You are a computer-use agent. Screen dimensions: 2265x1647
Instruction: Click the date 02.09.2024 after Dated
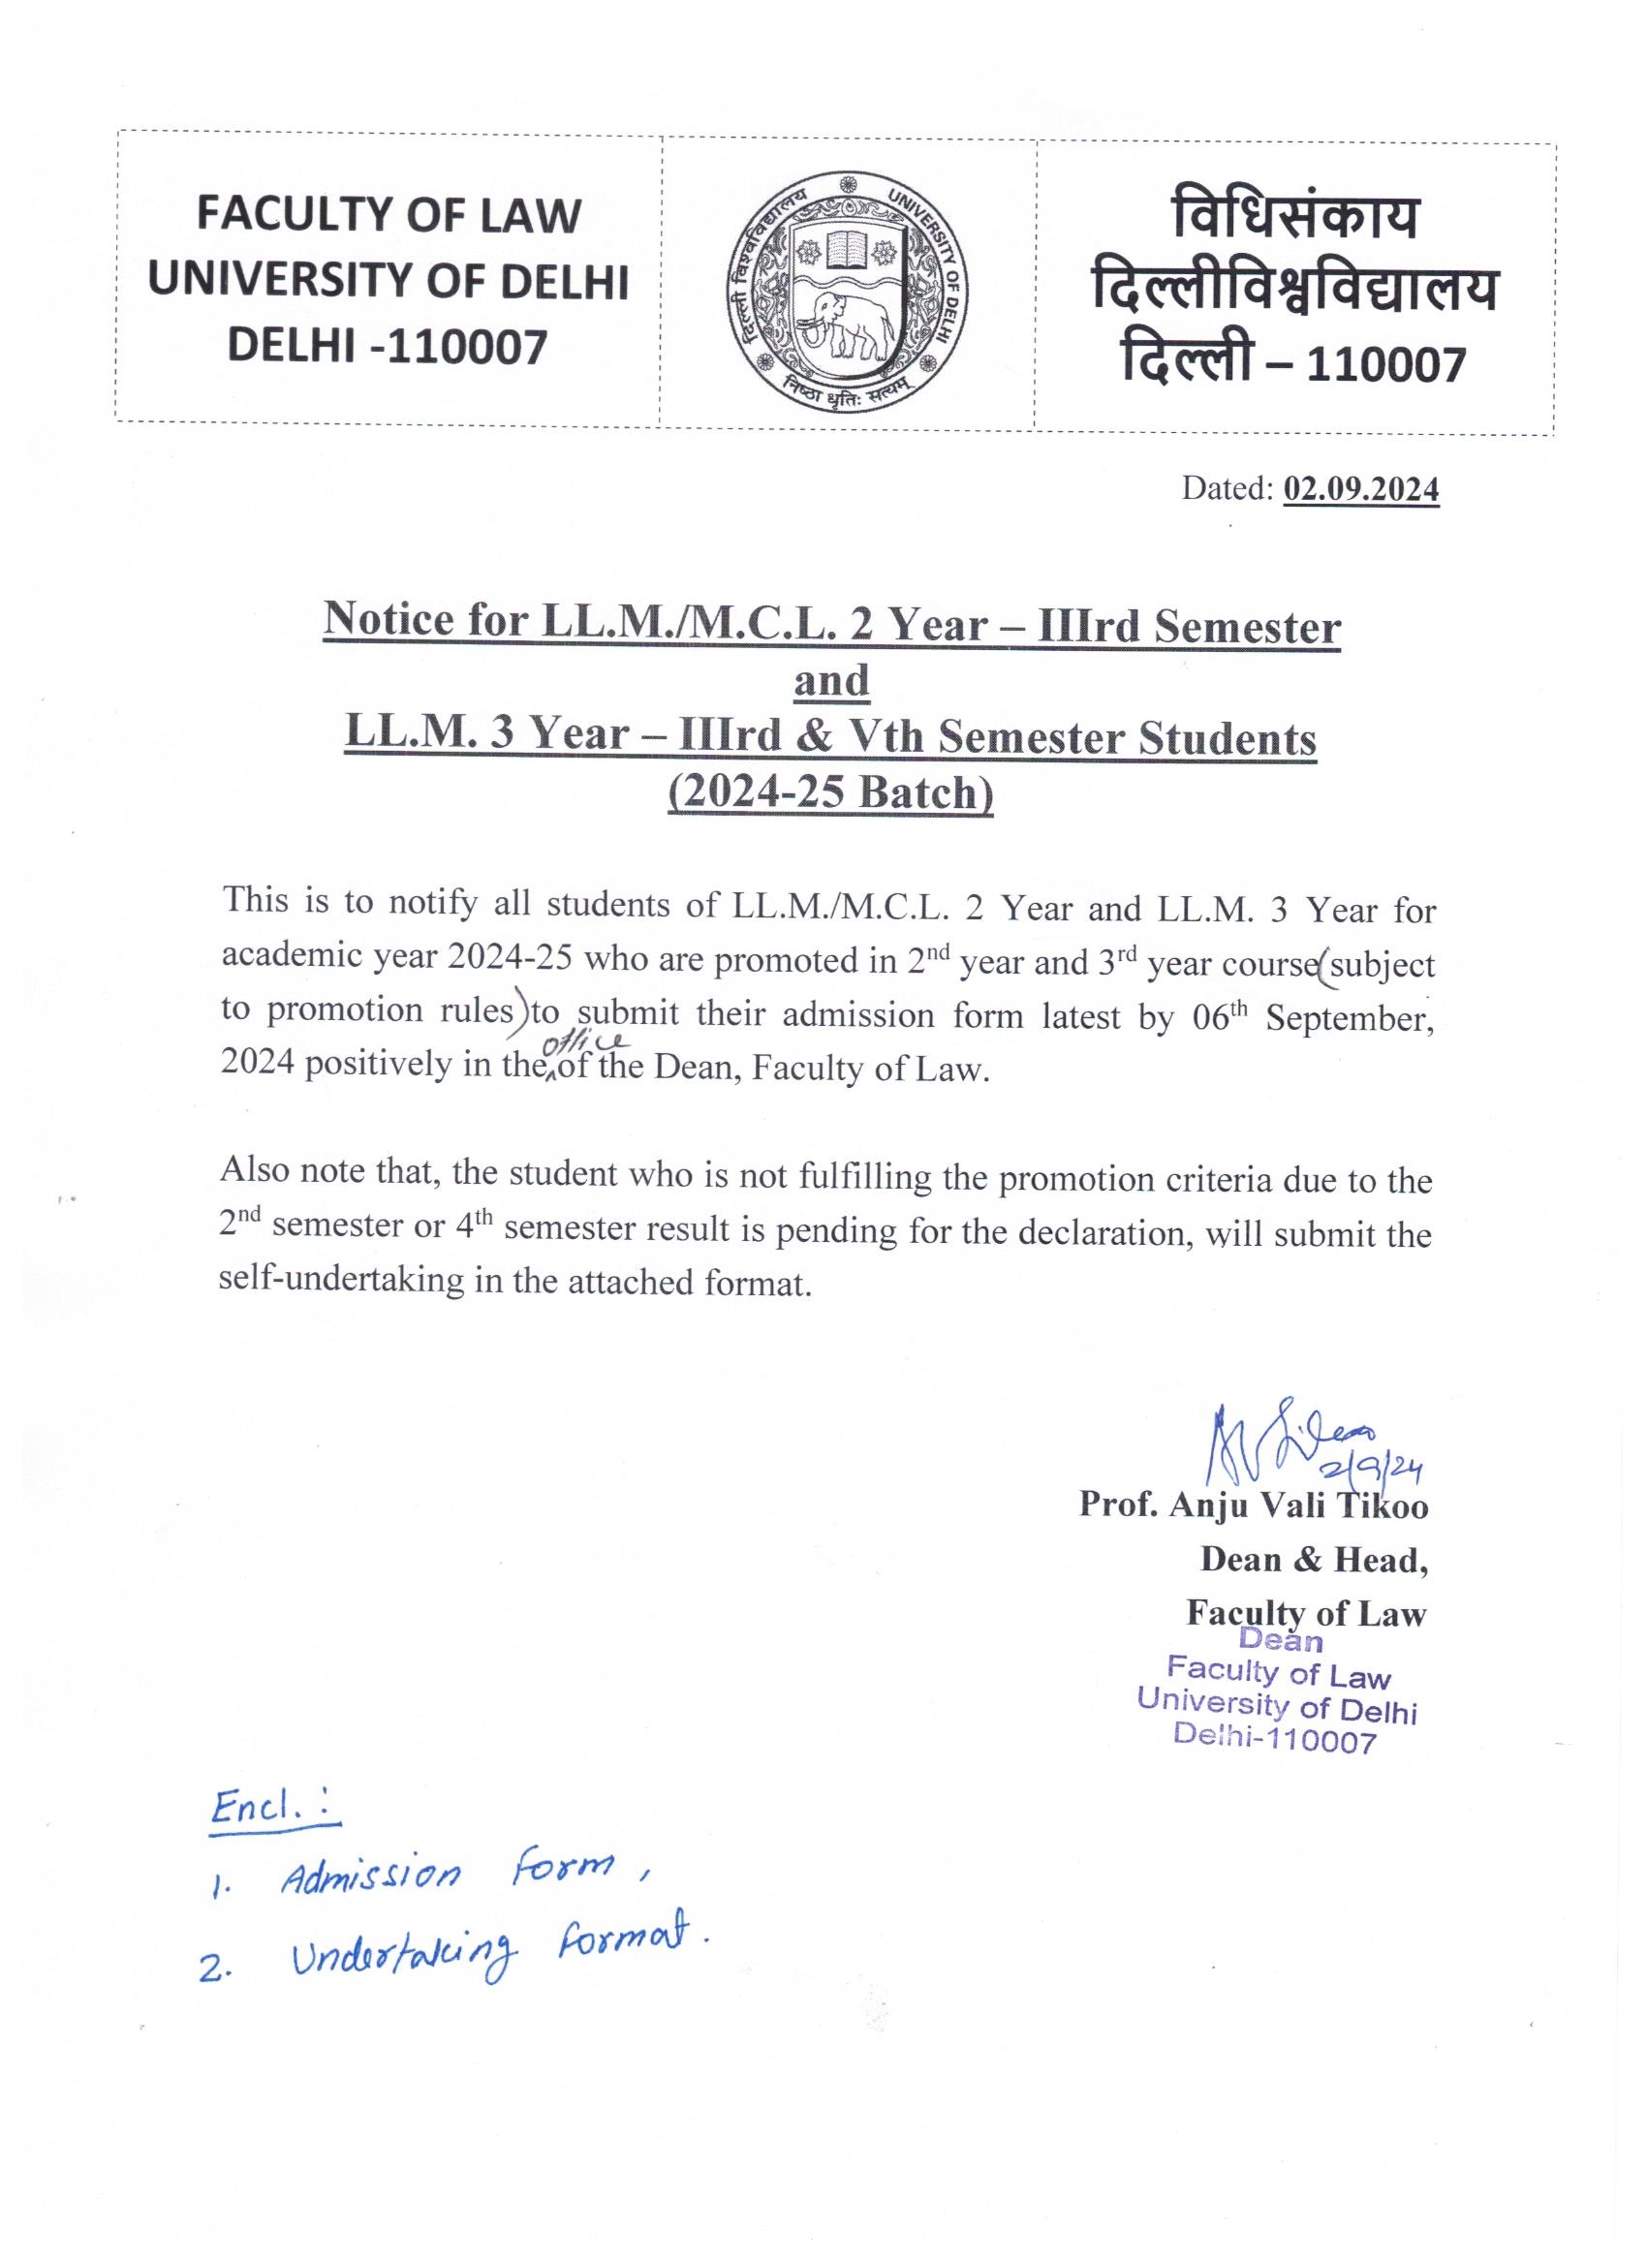point(1360,489)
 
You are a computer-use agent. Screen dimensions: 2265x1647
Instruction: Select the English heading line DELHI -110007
point(388,347)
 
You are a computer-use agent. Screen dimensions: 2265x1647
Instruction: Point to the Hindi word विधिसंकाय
point(1294,218)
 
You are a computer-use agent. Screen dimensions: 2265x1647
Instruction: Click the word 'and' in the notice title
point(831,681)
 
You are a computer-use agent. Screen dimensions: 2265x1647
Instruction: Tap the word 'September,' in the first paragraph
point(1349,1017)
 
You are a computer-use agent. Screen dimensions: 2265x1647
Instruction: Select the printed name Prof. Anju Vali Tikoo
point(1253,1505)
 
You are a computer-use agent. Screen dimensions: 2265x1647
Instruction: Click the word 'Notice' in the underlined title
point(388,621)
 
